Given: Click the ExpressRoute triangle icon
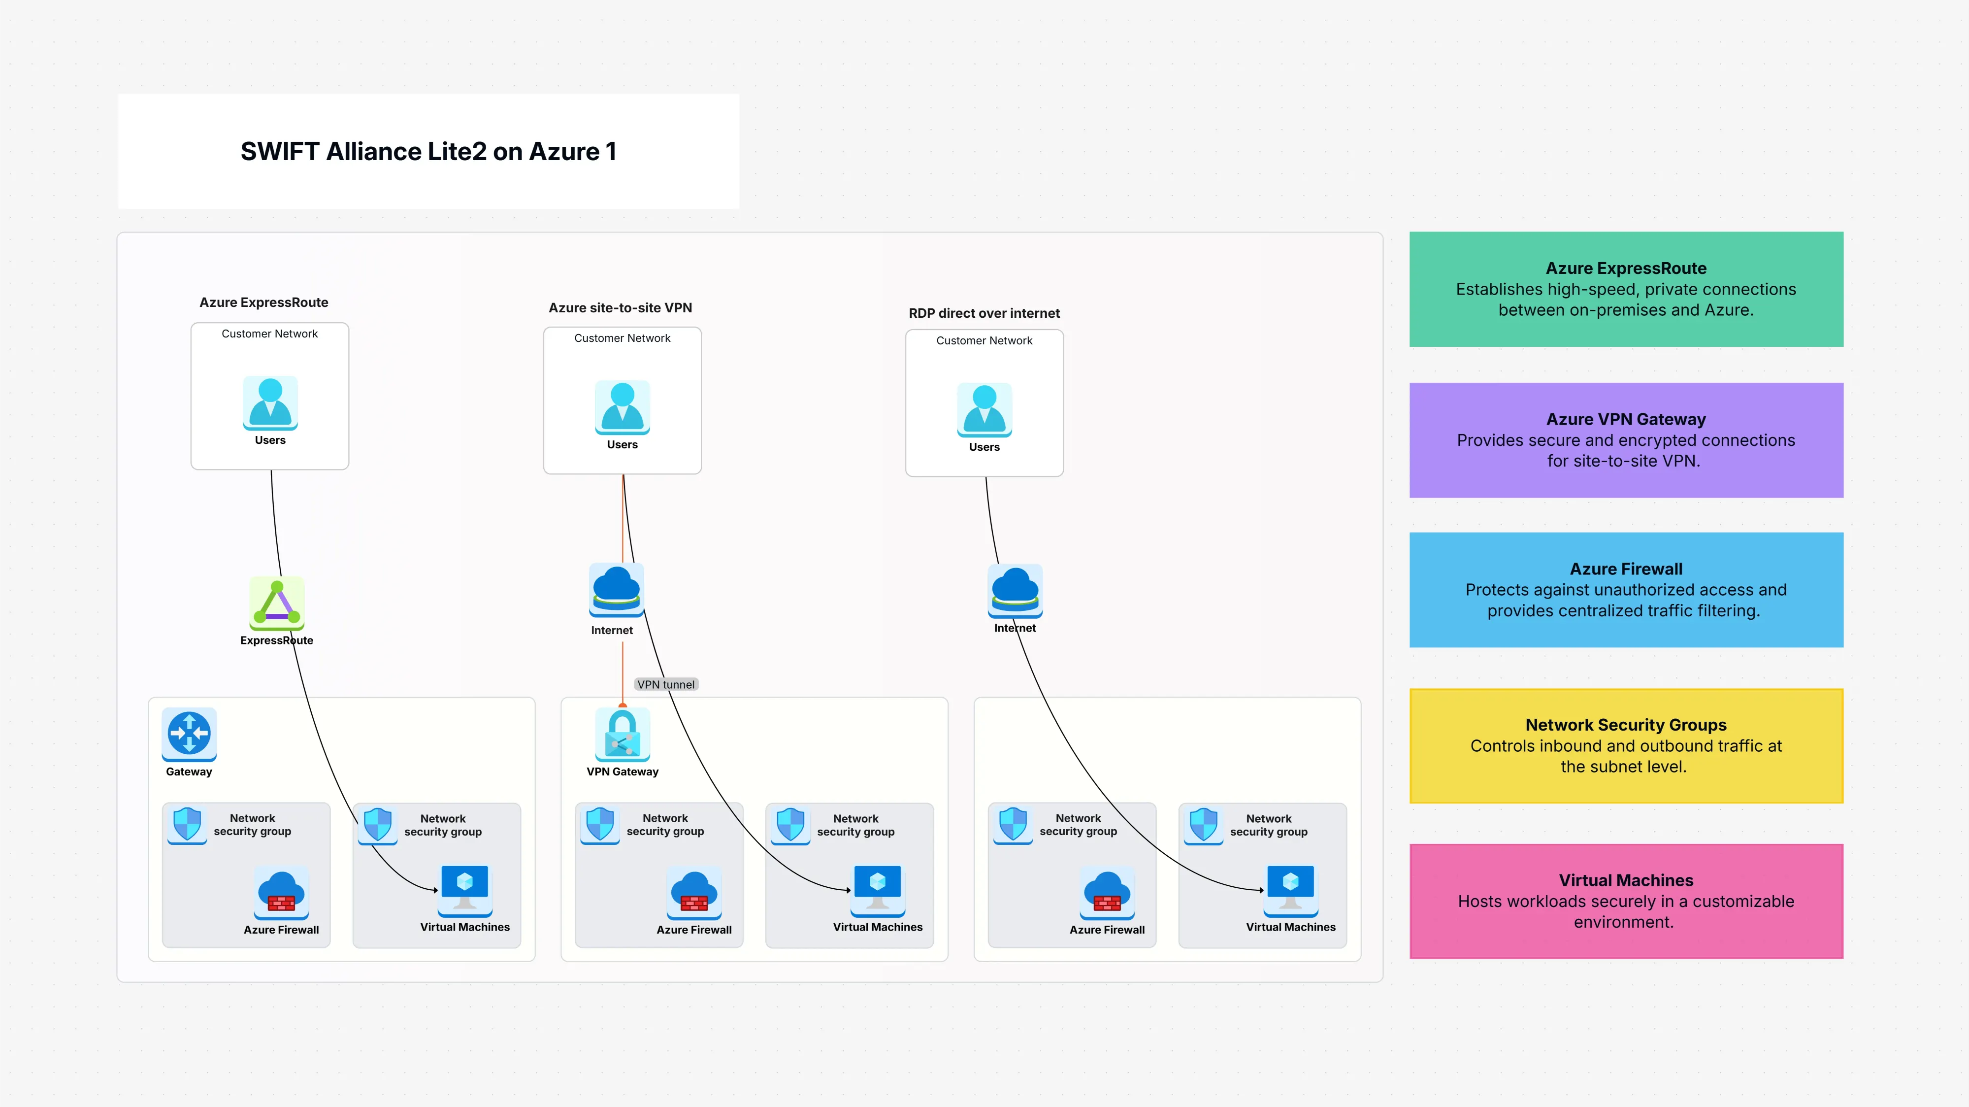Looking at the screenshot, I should click(277, 603).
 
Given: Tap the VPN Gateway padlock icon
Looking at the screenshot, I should click(622, 734).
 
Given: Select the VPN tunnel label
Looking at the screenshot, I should click(666, 684).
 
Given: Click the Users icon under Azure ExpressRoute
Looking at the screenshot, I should click(270, 402).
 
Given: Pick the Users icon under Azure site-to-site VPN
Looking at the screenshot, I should click(622, 407).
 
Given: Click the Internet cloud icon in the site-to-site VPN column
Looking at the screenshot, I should click(616, 589).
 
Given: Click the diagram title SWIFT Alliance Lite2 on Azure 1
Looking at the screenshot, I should click(428, 151).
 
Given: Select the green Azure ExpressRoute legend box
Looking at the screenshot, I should click(1626, 289).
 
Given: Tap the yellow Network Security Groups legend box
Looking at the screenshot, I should click(1626, 745).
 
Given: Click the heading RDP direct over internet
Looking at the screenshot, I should click(984, 313).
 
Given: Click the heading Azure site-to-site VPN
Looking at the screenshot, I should click(620, 307).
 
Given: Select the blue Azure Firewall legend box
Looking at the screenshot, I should click(1626, 589).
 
